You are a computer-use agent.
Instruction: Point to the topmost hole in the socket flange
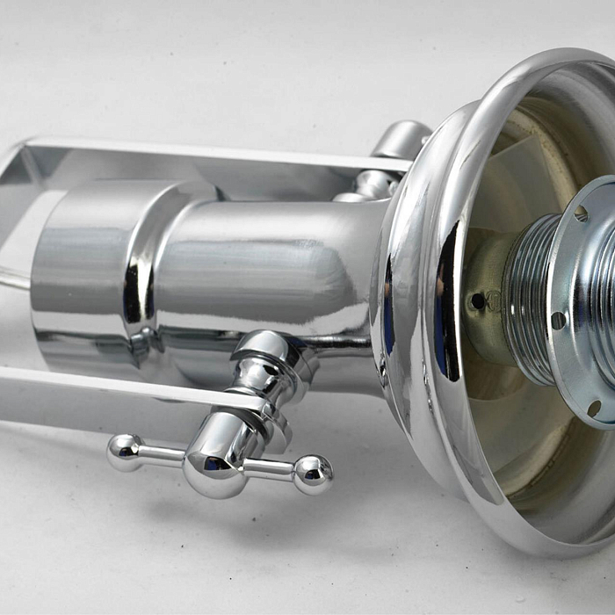(x=581, y=213)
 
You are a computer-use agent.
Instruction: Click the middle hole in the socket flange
(x=557, y=320)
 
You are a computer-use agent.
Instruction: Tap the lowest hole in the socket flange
(x=595, y=408)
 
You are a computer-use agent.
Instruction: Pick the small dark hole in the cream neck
(x=477, y=300)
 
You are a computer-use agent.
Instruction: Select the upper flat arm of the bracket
(x=220, y=151)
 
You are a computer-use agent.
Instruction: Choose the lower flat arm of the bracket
(x=114, y=387)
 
